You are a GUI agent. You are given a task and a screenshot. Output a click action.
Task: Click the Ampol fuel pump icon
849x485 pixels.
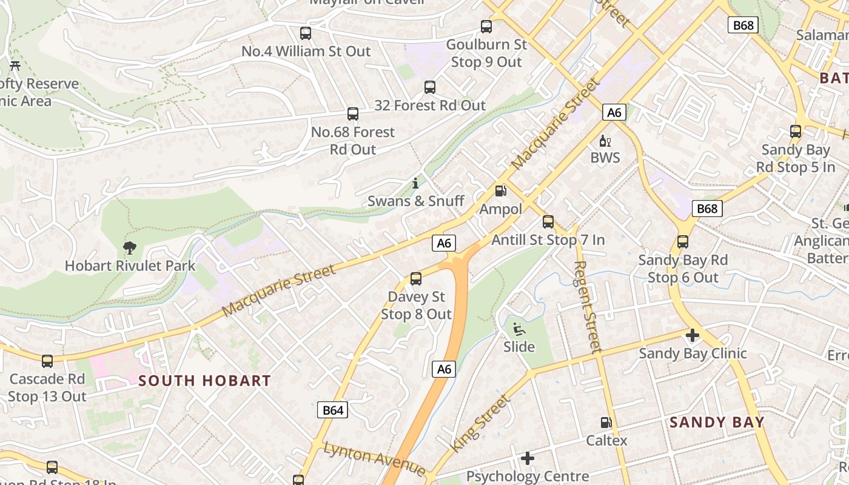pyautogui.click(x=501, y=191)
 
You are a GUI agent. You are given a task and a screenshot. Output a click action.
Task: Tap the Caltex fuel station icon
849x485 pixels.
pyautogui.click(x=606, y=423)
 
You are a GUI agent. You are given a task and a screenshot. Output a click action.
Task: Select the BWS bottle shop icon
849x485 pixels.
pyautogui.click(x=605, y=141)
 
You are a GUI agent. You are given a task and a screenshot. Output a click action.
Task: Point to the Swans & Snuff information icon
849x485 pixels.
pyautogui.click(x=415, y=182)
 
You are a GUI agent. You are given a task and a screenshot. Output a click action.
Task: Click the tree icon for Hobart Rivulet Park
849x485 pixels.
pyautogui.click(x=129, y=247)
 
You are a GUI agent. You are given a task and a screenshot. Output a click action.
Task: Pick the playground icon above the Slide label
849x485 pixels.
pyautogui.click(x=519, y=329)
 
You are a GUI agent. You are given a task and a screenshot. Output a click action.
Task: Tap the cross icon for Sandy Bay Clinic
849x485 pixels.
pyautogui.click(x=692, y=335)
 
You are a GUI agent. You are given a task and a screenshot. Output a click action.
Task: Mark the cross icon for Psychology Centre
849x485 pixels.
pyautogui.click(x=528, y=458)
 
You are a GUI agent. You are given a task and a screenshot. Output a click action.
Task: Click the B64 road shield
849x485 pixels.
pyautogui.click(x=332, y=410)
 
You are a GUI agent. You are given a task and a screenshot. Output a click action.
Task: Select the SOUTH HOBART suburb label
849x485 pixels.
pyautogui.click(x=205, y=381)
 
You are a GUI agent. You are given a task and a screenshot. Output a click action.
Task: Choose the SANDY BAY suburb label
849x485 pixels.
pyautogui.click(x=717, y=423)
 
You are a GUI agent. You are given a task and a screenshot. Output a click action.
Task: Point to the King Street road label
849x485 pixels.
pyautogui.click(x=479, y=423)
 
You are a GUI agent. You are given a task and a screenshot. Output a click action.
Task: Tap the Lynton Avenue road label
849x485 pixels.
pyautogui.click(x=374, y=458)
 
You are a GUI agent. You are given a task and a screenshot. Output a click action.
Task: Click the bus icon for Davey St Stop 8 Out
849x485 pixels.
pyautogui.click(x=416, y=279)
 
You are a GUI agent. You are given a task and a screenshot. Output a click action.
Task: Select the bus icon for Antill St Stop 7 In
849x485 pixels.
pyautogui.click(x=548, y=222)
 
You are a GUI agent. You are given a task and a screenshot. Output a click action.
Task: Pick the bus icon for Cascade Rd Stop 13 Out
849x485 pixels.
pyautogui.click(x=47, y=361)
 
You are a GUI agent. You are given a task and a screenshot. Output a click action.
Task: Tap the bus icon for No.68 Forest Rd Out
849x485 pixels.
pyautogui.click(x=353, y=114)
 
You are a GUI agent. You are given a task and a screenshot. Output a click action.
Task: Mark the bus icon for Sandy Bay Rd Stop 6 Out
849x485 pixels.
pyautogui.click(x=683, y=242)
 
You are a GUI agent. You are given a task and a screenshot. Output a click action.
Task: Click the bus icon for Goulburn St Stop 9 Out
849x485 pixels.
pyautogui.click(x=486, y=27)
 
